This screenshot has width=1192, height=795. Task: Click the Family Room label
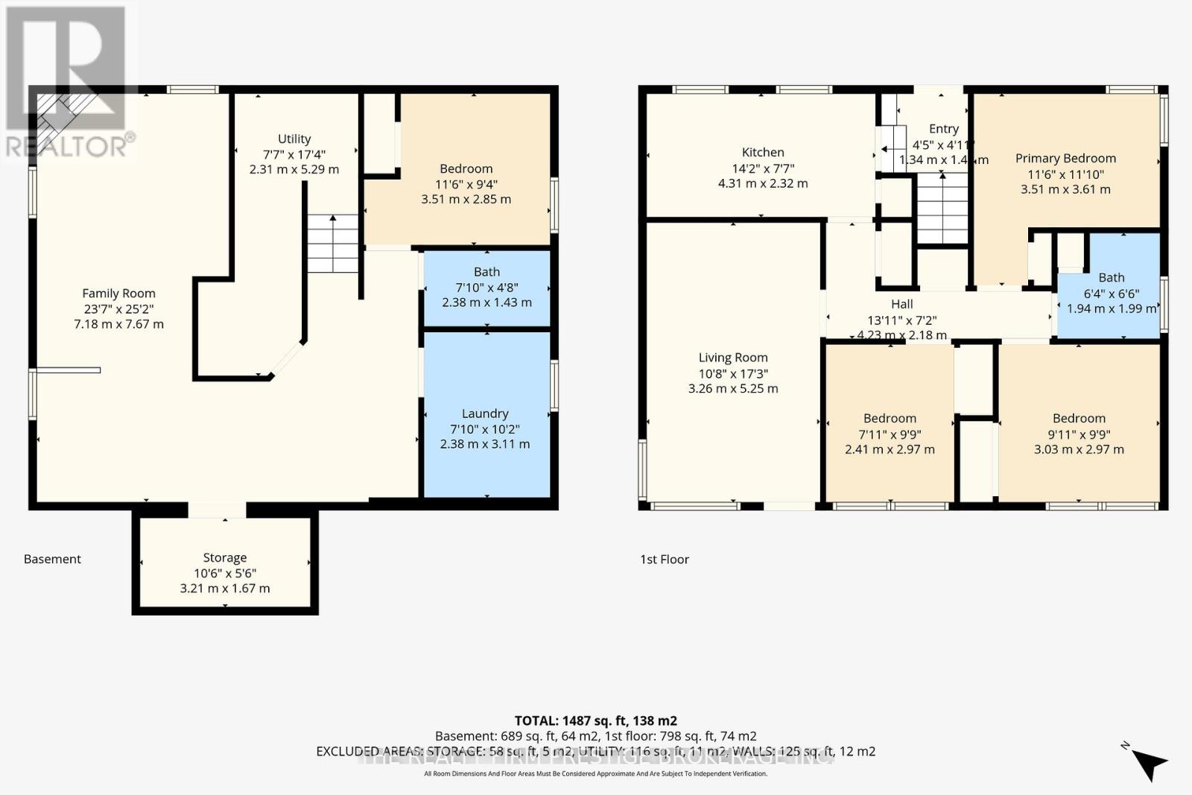coord(118,294)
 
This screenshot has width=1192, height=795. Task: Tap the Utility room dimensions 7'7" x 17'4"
coord(294,154)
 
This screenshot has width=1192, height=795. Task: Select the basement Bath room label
coord(486,272)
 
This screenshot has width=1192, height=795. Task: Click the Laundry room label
coord(485,414)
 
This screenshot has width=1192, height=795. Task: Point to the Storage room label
coord(225,557)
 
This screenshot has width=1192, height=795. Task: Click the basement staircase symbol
coord(333,243)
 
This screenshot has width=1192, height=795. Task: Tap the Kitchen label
coord(763,152)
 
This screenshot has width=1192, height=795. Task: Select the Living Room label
coord(733,358)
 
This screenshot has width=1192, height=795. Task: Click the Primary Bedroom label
coord(1065,158)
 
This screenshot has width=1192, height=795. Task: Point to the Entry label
coord(944,129)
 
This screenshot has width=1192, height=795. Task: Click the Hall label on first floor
coord(902,304)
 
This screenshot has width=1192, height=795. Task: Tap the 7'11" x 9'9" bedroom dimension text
coord(890,434)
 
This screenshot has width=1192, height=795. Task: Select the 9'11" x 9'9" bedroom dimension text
coord(1079,434)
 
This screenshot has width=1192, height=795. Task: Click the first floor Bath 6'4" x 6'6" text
coord(1112,294)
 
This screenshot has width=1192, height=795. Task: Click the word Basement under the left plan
coord(52,559)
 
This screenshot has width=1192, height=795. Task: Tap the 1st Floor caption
coord(665,559)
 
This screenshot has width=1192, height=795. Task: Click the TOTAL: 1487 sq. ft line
coord(596,720)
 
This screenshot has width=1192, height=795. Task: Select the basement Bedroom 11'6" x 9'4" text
coord(466,184)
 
